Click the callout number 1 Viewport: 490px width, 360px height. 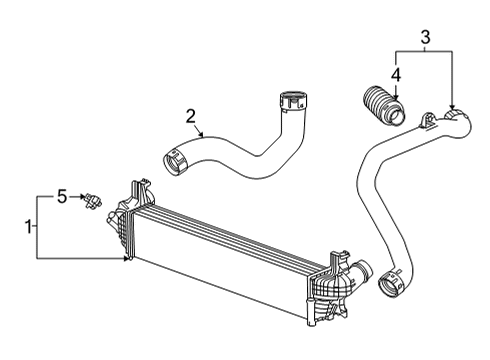pyautogui.click(x=28, y=228)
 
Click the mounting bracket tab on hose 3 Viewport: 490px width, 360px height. pyautogui.click(x=428, y=121)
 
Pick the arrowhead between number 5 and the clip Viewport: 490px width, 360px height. pyautogui.click(x=84, y=198)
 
